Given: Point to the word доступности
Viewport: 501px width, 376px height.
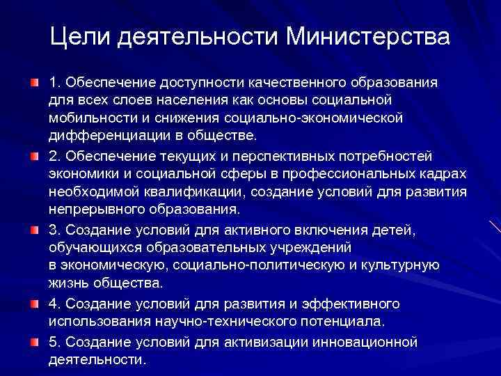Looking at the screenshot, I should (x=198, y=83).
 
